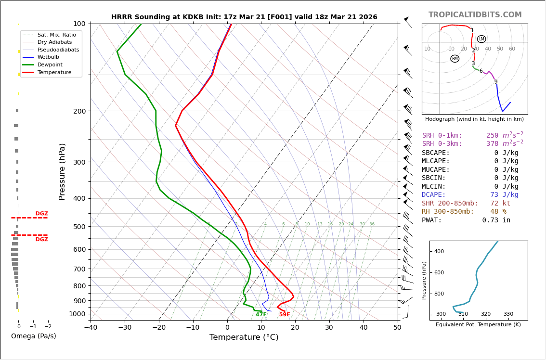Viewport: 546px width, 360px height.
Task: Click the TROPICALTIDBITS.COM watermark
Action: (475, 15)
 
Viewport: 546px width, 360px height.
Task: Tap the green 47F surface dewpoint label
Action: (261, 315)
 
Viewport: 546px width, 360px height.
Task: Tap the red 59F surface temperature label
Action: (285, 315)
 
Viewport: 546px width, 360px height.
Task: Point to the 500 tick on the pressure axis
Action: (79, 227)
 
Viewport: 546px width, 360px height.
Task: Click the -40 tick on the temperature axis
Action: (91, 328)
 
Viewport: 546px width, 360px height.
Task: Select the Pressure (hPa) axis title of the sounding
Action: (62, 171)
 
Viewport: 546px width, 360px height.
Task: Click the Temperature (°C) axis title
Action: (244, 337)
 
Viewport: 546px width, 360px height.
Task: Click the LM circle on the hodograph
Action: (481, 39)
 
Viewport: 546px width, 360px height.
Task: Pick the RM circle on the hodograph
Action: (455, 59)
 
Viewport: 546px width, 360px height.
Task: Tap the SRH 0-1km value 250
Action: (492, 136)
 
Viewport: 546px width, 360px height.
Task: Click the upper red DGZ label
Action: (41, 214)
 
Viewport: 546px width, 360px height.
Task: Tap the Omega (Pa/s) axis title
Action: (33, 336)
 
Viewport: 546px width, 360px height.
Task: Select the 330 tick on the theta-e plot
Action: (508, 314)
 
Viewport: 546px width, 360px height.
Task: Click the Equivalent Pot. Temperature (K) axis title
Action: (478, 325)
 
